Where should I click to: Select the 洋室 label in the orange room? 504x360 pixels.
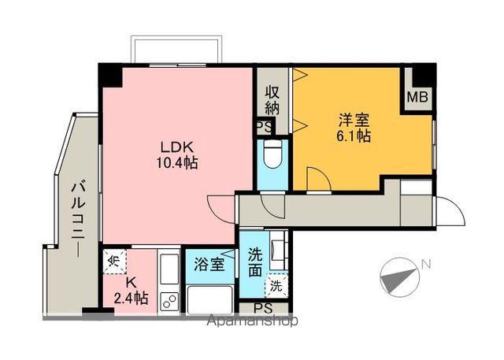pos(353,121)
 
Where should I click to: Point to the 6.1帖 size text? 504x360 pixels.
pos(353,136)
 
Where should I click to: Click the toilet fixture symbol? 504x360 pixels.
pos(272,155)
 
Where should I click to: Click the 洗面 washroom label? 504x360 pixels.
pos(256,262)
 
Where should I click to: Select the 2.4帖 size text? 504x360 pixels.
pos(130,299)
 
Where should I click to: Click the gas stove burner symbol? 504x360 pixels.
pos(169,299)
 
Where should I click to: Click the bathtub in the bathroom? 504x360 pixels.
pos(210,299)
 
